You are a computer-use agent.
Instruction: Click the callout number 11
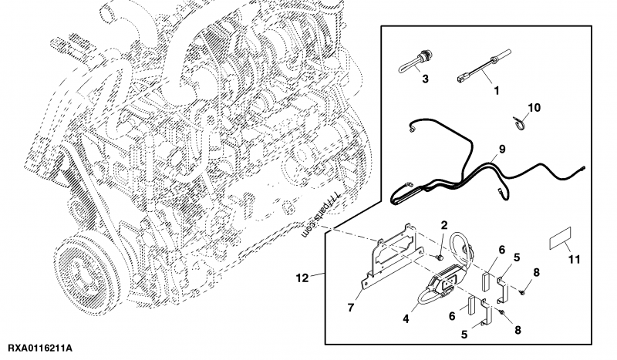click(571, 261)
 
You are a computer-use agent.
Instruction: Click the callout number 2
click(444, 224)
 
